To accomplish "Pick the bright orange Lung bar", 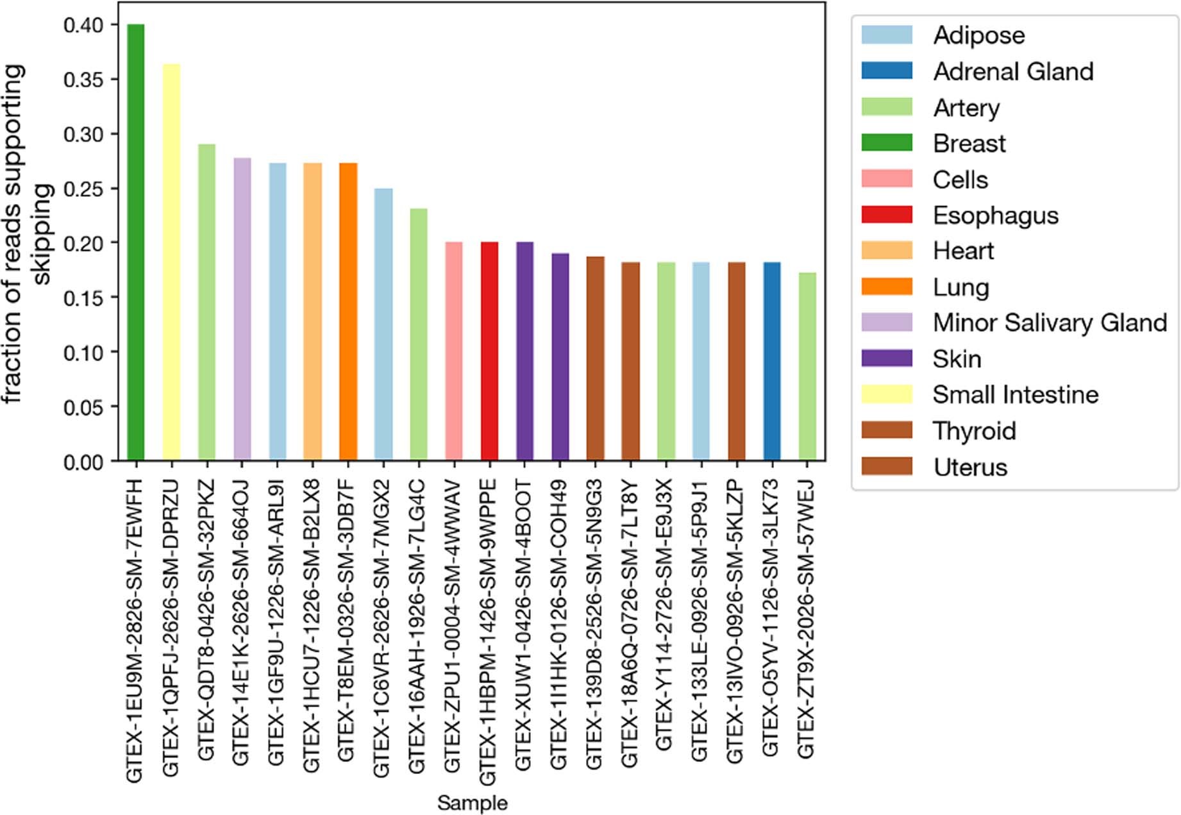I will (x=348, y=312).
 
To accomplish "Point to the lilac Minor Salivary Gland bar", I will (x=242, y=309).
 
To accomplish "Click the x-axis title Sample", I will (x=472, y=803).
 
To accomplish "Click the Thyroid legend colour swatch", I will (x=887, y=430).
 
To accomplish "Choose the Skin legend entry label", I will (x=957, y=359).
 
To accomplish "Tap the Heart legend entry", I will (x=963, y=251).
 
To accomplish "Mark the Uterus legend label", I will (x=970, y=467).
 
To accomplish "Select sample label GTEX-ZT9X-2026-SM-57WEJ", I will (x=806, y=619).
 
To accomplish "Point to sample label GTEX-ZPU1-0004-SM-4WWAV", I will (x=453, y=625).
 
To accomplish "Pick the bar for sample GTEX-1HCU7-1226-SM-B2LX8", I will (x=313, y=312).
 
